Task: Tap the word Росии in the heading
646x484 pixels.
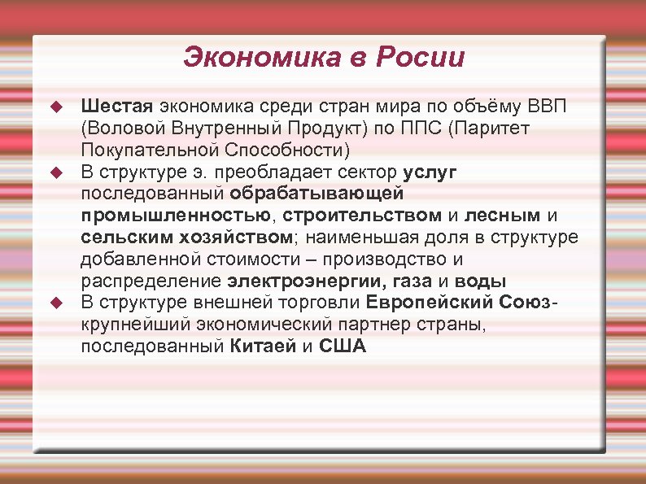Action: tap(425, 58)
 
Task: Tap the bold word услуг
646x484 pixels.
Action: tap(430, 172)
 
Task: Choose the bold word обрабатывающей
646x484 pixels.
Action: tap(316, 194)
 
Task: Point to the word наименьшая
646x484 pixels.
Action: tap(354, 238)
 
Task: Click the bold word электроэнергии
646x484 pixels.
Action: tap(296, 281)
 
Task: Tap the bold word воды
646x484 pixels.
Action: tap(480, 281)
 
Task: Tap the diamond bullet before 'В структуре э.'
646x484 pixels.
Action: tap(55, 172)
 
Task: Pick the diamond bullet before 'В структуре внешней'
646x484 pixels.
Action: tap(55, 303)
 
